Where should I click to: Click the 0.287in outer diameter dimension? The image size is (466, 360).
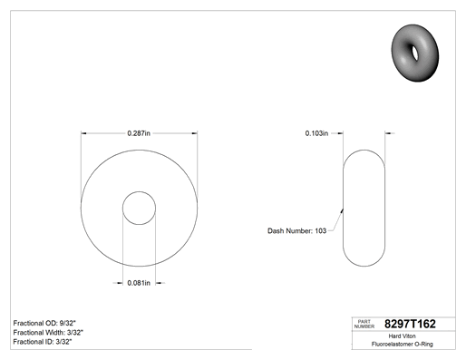[139, 133]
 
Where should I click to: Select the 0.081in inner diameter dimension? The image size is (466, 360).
[139, 283]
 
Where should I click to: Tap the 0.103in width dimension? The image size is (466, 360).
[316, 133]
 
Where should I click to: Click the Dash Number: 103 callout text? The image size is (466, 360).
[296, 231]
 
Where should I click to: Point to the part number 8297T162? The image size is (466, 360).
[410, 324]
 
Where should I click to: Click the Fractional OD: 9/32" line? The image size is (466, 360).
[44, 323]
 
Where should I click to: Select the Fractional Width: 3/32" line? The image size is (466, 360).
[48, 333]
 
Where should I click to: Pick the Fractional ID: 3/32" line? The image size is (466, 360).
[43, 342]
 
